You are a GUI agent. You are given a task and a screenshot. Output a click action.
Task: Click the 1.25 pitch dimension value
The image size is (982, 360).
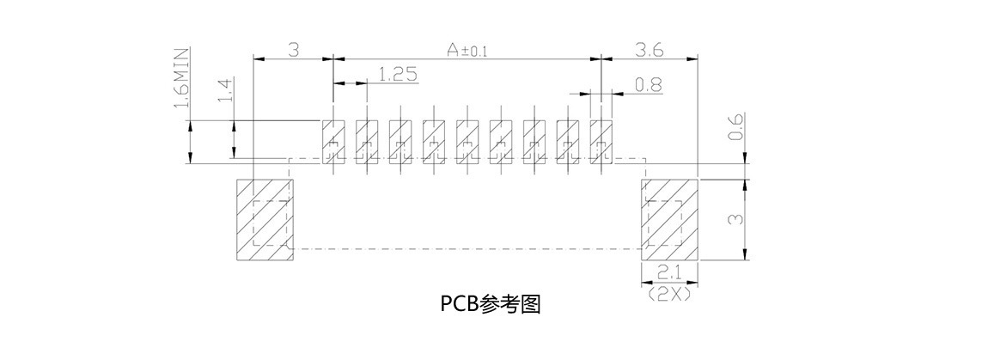pos(398,75)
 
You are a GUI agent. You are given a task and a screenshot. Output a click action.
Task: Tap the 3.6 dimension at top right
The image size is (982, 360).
pos(650,51)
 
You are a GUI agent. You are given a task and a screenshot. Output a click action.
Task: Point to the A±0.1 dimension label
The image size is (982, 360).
pos(467,51)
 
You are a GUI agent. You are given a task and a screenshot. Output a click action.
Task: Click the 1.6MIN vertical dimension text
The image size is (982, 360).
pos(182,79)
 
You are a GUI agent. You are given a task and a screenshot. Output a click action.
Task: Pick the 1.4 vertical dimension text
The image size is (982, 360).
pos(226,90)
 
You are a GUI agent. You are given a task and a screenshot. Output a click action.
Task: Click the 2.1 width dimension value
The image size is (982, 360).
pos(670,273)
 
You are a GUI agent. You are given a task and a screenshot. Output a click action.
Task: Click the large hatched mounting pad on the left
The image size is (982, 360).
pos(264,219)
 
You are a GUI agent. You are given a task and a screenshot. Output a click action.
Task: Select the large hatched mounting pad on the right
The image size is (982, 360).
pos(670,219)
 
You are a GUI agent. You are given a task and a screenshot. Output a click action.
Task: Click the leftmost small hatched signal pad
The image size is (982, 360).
pos(332,139)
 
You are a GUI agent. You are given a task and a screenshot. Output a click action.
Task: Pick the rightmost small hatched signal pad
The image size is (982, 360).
pos(601,139)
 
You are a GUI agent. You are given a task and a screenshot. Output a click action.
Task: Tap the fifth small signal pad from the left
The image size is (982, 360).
pos(467,139)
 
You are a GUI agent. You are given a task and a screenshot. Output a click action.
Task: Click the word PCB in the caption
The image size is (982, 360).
pos(459,304)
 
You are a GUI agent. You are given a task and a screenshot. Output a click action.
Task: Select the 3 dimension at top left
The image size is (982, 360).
pos(293,51)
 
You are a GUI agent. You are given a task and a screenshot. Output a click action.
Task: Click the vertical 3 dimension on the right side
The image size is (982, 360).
pos(735,219)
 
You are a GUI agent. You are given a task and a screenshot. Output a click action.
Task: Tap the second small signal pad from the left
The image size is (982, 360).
pos(366,139)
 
